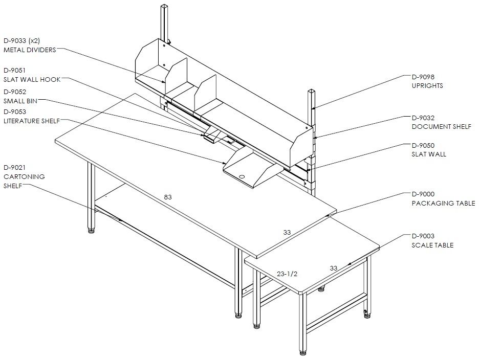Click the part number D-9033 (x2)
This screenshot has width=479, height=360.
coord(21,40)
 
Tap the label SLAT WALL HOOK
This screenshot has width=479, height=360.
coord(32,80)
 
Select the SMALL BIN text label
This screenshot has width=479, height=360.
coord(20,101)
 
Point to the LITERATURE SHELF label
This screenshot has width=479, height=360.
coord(32,121)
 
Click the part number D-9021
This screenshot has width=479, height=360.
coord(15,167)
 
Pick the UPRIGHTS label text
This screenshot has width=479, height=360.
coord(427,86)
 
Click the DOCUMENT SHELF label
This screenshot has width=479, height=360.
coord(442,126)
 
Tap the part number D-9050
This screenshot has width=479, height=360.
coord(423,145)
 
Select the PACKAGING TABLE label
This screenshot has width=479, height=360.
coord(443,203)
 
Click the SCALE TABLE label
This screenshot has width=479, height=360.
coord(432,245)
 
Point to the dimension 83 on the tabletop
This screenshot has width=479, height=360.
coord(168,197)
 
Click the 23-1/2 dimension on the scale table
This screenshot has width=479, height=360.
coord(287,274)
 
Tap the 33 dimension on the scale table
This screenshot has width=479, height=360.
coord(334,268)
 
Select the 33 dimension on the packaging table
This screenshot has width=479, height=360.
coord(287,232)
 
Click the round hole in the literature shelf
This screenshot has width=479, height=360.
coord(242,176)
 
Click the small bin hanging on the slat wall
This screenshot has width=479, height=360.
coord(211,134)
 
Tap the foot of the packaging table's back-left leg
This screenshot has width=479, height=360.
coord(91,231)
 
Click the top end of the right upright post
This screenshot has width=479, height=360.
coord(311,91)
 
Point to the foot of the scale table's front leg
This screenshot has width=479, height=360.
coord(303,353)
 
